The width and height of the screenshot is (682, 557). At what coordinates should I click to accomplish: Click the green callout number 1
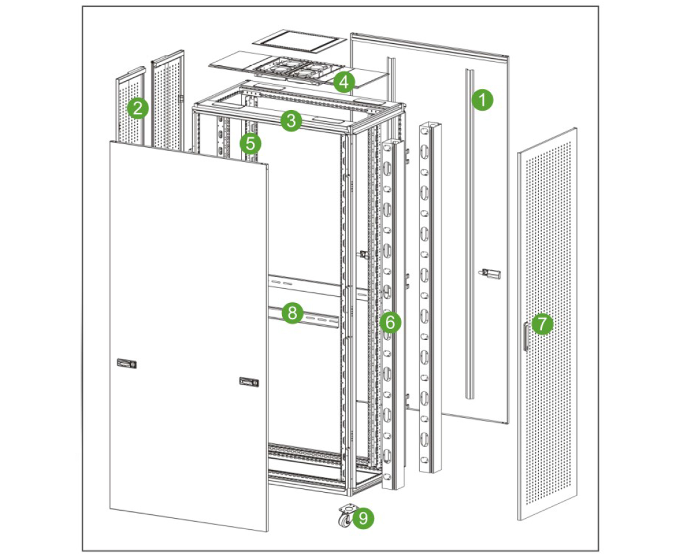tap(482, 100)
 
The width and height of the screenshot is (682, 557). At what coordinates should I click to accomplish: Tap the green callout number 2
tap(138, 108)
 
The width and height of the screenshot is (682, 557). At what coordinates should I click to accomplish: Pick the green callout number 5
tap(250, 143)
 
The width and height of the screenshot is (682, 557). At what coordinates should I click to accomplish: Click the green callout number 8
tap(292, 313)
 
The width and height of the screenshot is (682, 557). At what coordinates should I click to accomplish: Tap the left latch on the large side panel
tap(127, 363)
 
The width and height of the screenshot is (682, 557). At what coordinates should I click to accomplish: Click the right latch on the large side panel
tap(249, 382)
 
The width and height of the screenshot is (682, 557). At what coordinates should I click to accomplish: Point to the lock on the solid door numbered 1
tap(490, 274)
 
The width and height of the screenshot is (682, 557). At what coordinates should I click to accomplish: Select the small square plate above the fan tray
tap(299, 41)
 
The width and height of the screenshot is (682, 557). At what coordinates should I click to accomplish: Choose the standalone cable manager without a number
tap(430, 298)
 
